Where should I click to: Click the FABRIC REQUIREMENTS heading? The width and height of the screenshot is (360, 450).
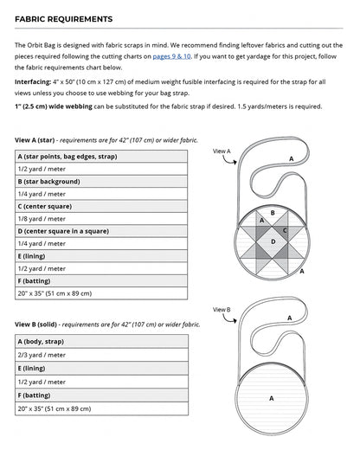point(63,18)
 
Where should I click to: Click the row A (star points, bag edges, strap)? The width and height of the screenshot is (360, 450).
point(66,157)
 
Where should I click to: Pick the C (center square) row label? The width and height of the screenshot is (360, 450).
point(45,207)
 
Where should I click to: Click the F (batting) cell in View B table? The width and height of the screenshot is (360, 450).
point(35,394)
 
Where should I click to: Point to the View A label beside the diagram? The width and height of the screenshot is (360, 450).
point(222,151)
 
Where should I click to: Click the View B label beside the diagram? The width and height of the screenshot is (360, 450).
point(222,310)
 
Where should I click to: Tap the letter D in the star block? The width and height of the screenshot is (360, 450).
point(273,241)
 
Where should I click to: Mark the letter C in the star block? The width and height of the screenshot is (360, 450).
point(285,231)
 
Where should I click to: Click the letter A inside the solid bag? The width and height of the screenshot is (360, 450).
point(272,399)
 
